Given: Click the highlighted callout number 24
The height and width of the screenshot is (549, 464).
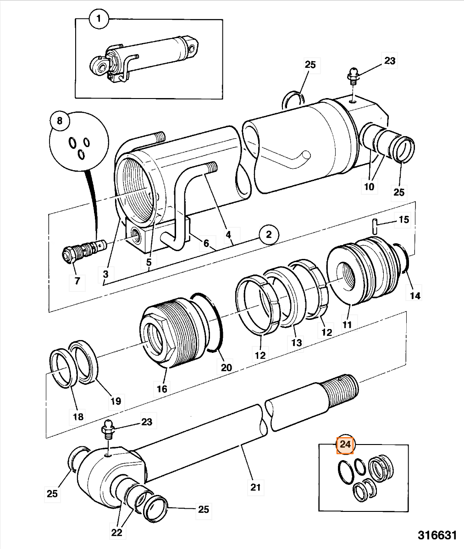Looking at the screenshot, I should pos(345,445).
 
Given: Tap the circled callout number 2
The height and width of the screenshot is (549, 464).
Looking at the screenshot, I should pos(268,236).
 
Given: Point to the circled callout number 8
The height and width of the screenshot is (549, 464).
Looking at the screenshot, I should pos(59,121).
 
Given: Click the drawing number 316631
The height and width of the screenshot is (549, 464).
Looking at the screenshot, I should pos(437,535).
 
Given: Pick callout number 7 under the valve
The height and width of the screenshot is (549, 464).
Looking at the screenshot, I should pos(77,280).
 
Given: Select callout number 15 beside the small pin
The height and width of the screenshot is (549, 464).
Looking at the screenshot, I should pos(403,220).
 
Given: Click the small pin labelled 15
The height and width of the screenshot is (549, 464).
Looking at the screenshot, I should pos(375,226).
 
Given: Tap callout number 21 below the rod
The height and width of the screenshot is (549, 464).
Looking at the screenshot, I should pos(255,486).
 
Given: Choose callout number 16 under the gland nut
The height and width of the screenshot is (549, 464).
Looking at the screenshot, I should pos(162,389).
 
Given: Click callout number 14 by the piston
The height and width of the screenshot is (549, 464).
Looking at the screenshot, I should pos(414,295).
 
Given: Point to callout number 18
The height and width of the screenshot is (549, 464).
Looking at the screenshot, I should pos(78,416).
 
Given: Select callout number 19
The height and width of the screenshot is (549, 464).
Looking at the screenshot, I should pos(116,401).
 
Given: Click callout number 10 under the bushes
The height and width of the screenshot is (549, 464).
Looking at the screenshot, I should pos(369,187).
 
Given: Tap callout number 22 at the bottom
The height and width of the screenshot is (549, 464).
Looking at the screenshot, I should pos(117,532).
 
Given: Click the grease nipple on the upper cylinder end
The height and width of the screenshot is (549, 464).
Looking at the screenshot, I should pos(353,75).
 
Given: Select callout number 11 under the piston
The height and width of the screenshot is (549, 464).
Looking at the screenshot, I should pos(347,324).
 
